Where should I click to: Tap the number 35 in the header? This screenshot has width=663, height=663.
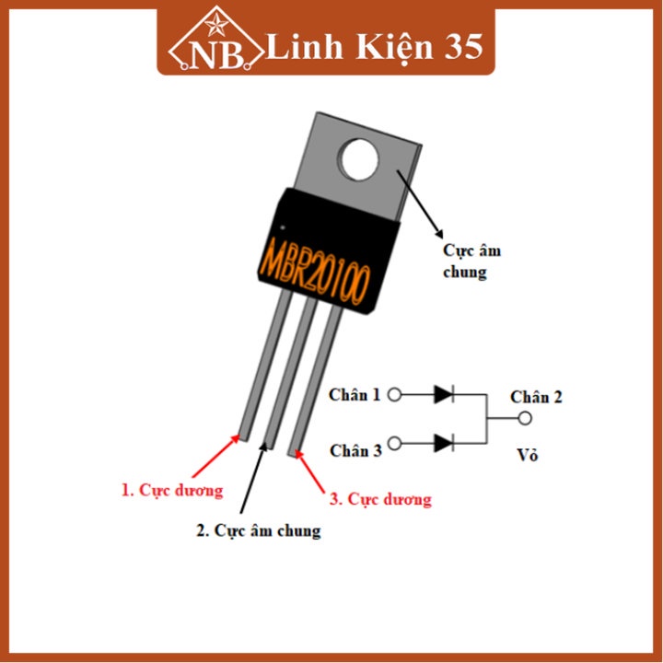[x=460, y=47]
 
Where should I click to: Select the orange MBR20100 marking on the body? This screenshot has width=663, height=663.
[x=316, y=264]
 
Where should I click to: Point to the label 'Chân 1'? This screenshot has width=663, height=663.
[x=355, y=395]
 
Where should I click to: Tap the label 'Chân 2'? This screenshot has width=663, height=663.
[x=536, y=397]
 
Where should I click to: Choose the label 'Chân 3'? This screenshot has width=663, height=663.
[x=355, y=450]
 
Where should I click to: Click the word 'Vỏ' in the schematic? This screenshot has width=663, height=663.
[x=527, y=456]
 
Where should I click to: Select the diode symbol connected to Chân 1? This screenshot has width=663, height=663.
[x=444, y=395]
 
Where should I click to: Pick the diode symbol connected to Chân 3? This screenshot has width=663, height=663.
[x=444, y=443]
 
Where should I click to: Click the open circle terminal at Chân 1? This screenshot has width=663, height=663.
[x=395, y=395]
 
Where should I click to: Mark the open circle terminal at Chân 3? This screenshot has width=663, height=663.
[x=395, y=444]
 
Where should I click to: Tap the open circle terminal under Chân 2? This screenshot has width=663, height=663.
[x=525, y=419]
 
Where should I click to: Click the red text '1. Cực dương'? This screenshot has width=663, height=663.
[x=172, y=491]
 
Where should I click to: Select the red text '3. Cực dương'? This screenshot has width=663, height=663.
[x=380, y=500]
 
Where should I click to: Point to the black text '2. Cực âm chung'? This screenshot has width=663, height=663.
[x=259, y=531]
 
